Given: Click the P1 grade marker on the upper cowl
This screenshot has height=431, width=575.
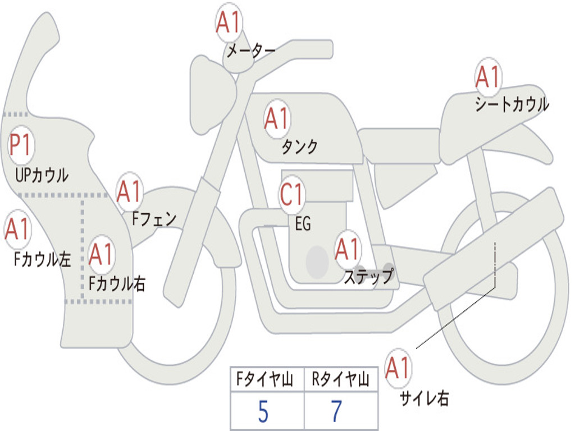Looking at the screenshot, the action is pyautogui.click(x=21, y=145).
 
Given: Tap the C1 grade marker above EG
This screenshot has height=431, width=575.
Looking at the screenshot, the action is pyautogui.click(x=292, y=194).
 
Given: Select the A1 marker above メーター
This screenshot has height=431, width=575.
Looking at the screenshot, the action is pyautogui.click(x=229, y=22).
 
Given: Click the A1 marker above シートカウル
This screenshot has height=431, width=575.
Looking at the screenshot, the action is pyautogui.click(x=488, y=76).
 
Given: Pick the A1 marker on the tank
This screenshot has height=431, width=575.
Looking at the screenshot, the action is pyautogui.click(x=277, y=119).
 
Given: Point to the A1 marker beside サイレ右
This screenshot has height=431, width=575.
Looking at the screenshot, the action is pyautogui.click(x=398, y=368).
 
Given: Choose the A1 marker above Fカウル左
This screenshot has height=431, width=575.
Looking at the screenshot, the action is pyautogui.click(x=17, y=229).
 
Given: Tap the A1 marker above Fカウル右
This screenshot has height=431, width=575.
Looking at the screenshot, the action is pyautogui.click(x=101, y=254).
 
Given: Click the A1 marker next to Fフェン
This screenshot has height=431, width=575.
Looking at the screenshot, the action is pyautogui.click(x=130, y=191).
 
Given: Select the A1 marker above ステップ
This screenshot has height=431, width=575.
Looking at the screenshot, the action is pyautogui.click(x=348, y=249).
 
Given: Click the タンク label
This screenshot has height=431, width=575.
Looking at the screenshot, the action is pyautogui.click(x=300, y=147).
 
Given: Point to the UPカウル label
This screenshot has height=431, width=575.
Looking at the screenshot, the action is pyautogui.click(x=42, y=175).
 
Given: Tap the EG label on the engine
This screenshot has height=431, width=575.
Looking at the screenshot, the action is pyautogui.click(x=303, y=223).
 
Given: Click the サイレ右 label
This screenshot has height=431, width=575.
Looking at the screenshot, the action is pyautogui.click(x=425, y=398).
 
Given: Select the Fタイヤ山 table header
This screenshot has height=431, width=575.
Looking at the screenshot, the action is pyautogui.click(x=265, y=379).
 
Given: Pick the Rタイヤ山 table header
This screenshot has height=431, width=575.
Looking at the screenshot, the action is pyautogui.click(x=341, y=379).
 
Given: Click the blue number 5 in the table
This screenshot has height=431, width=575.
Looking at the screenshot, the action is pyautogui.click(x=263, y=411).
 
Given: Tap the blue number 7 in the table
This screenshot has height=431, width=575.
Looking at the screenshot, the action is pyautogui.click(x=336, y=411).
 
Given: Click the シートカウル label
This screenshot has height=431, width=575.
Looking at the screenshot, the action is pyautogui.click(x=512, y=104).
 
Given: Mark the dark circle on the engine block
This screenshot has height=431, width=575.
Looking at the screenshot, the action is pyautogui.click(x=317, y=262).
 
